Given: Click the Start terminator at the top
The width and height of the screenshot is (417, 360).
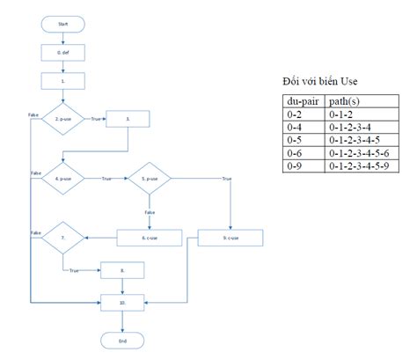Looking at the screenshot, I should pyautogui.click(x=62, y=23).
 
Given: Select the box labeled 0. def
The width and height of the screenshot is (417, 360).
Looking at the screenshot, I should pyautogui.click(x=62, y=52).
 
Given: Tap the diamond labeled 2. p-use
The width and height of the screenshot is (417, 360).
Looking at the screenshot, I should pyautogui.click(x=62, y=116).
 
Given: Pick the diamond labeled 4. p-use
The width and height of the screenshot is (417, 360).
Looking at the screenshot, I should pyautogui.click(x=62, y=179).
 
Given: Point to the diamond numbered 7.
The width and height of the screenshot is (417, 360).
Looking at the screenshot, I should pyautogui.click(x=62, y=237).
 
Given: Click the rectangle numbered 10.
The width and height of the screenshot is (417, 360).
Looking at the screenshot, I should pyautogui.click(x=122, y=301).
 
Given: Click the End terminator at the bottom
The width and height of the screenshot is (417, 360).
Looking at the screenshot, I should pyautogui.click(x=122, y=340).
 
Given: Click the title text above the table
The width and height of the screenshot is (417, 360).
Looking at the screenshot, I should pyautogui.click(x=320, y=81).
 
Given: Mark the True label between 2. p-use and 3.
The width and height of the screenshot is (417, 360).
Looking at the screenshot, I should pyautogui.click(x=94, y=116).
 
